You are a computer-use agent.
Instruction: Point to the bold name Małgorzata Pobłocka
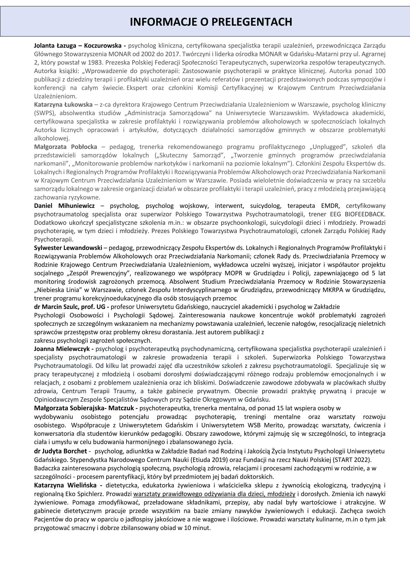[x=66, y=147]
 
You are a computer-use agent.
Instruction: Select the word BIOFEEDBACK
[x=365, y=214]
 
